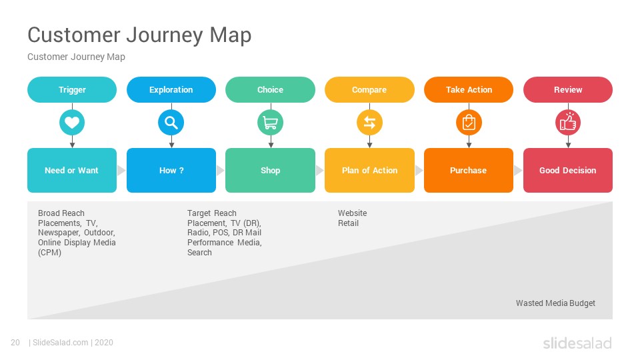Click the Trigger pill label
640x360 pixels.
pyautogui.click(x=72, y=90)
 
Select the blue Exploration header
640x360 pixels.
pyautogui.click(x=171, y=90)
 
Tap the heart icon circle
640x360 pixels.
pyautogui.click(x=72, y=123)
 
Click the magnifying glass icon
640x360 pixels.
pyautogui.click(x=171, y=123)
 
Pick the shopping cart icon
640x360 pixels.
pyautogui.click(x=270, y=123)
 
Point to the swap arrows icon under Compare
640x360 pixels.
pyautogui.click(x=369, y=123)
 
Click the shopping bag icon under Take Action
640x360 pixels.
pyautogui.click(x=469, y=123)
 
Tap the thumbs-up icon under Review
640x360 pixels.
pyautogui.click(x=568, y=123)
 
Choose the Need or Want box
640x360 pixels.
pyautogui.click(x=72, y=170)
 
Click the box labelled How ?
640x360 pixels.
pyautogui.click(x=171, y=170)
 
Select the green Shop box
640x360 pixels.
pyautogui.click(x=270, y=170)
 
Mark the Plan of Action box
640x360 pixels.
pyautogui.click(x=369, y=170)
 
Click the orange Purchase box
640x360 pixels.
pyautogui.click(x=469, y=170)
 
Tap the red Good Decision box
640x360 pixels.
pyautogui.click(x=568, y=170)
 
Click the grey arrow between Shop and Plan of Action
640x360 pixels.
pyautogui.click(x=319, y=170)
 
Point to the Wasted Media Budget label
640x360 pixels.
pyautogui.click(x=555, y=303)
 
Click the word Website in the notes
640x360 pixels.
pyautogui.click(x=352, y=213)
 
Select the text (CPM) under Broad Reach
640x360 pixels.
pyautogui.click(x=49, y=253)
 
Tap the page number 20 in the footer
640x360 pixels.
pyautogui.click(x=15, y=343)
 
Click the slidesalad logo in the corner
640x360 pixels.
pyautogui.click(x=577, y=343)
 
